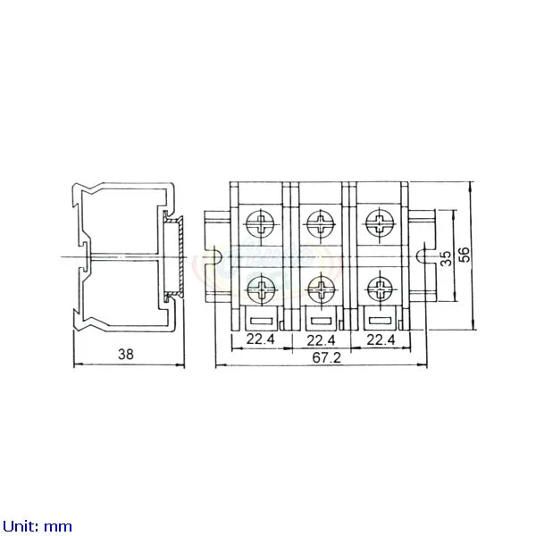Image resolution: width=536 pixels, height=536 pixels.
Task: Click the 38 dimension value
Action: click(x=126, y=354)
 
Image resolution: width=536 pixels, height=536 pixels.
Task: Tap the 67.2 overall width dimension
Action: click(x=327, y=357)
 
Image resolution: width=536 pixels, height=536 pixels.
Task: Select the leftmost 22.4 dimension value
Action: click(x=261, y=339)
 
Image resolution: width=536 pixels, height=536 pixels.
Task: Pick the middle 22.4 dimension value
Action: click(x=321, y=340)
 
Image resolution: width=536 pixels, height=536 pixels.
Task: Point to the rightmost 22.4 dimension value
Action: click(x=381, y=339)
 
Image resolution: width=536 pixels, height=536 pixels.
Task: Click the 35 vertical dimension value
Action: click(x=446, y=258)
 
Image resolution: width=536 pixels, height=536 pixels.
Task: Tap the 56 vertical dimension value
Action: click(x=465, y=255)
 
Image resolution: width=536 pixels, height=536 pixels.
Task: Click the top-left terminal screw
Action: click(x=261, y=224)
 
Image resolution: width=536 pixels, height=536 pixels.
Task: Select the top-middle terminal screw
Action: click(x=321, y=224)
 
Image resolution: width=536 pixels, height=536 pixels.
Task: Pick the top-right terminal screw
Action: click(x=380, y=222)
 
